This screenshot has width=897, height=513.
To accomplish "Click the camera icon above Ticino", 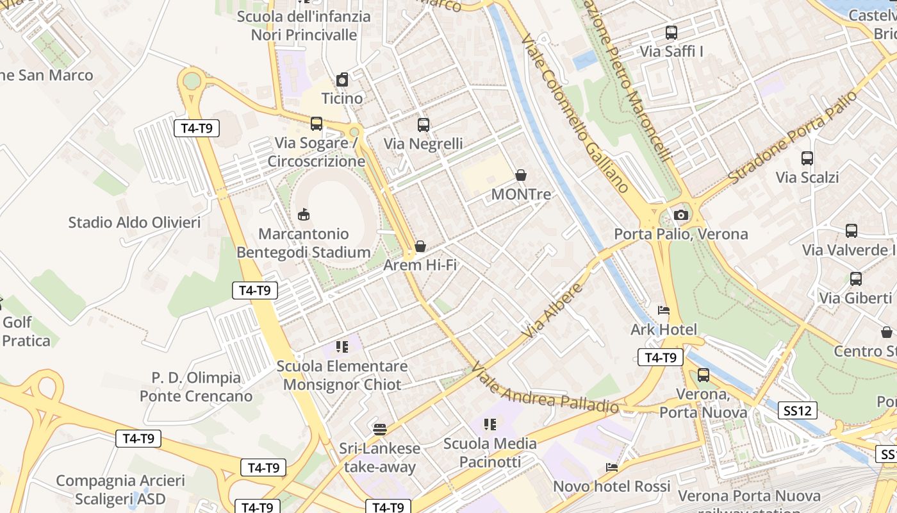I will [x=342, y=80].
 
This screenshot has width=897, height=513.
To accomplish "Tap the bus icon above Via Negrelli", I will [x=424, y=125].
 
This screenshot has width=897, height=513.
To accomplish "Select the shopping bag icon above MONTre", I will [x=521, y=175].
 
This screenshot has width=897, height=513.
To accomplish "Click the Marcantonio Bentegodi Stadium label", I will [x=304, y=243].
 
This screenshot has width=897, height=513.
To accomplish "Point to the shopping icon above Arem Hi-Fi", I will [x=420, y=246].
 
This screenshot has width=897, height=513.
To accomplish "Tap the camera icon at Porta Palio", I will [x=681, y=215].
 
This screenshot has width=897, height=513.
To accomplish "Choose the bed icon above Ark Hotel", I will [x=664, y=311].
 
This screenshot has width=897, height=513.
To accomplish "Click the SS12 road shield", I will [x=798, y=410].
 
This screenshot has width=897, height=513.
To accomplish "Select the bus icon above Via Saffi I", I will [x=671, y=32].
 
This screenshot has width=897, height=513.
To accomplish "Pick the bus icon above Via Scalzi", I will [x=807, y=158].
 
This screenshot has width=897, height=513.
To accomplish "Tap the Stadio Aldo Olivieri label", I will [x=135, y=223].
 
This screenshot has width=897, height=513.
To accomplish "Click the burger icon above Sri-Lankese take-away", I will [x=380, y=430].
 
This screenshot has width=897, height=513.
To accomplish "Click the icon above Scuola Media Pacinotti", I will [x=490, y=425].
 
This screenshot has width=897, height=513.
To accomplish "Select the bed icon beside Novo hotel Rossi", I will [x=612, y=467].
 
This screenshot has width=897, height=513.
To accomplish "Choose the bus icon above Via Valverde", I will [x=852, y=231].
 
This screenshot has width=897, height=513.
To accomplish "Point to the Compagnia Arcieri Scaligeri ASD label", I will [x=120, y=489].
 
